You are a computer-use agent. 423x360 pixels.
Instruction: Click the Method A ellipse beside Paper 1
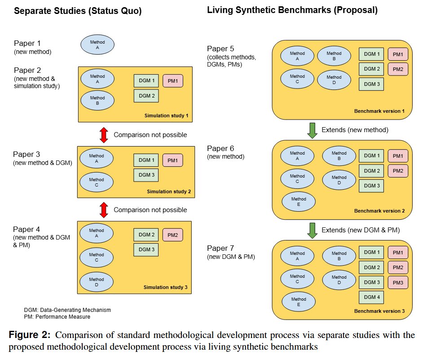(x=97, y=44)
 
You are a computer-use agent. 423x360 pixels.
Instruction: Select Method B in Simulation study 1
(x=97, y=101)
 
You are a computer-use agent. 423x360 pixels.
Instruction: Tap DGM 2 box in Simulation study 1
(x=146, y=96)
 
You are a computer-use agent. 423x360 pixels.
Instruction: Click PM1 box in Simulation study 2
(x=172, y=160)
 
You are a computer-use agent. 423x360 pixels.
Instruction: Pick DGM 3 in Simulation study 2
(x=146, y=175)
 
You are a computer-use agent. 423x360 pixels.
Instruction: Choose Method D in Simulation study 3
(x=97, y=282)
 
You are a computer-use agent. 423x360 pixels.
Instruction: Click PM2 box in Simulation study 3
(x=172, y=235)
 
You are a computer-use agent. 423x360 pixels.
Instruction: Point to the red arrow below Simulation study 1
(x=104, y=135)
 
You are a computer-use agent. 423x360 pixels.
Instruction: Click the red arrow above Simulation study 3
(x=104, y=210)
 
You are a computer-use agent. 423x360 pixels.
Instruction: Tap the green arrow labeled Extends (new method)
(x=312, y=130)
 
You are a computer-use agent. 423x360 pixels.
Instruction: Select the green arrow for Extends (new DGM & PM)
(x=312, y=231)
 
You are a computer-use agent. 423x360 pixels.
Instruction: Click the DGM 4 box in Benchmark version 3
(x=371, y=297)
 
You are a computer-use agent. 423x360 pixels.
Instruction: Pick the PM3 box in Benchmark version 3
(x=398, y=283)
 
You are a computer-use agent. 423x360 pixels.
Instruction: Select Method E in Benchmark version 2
(x=299, y=201)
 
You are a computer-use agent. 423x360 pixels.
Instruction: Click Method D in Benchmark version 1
(x=334, y=80)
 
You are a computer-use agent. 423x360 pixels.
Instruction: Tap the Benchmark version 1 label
(x=379, y=111)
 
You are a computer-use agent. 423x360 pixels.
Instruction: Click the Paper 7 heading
(x=220, y=248)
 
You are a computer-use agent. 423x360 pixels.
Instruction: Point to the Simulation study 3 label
(x=165, y=287)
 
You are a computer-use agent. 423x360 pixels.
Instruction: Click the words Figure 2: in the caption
(x=29, y=335)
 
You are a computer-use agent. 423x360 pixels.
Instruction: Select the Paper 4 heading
(x=26, y=229)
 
